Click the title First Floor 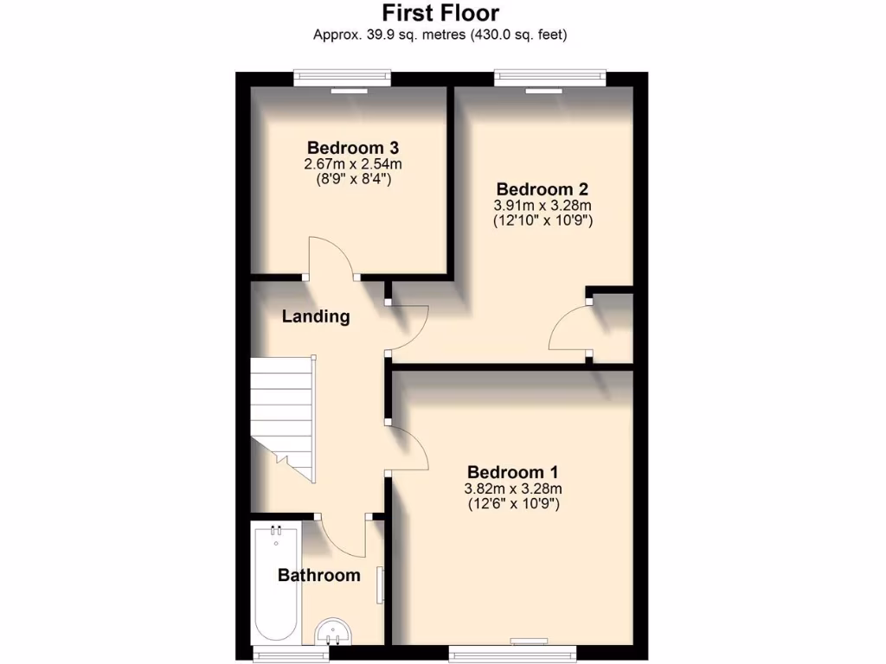pos(440,14)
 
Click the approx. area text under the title pos(440,35)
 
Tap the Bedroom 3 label pos(352,147)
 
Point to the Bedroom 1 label pos(513,472)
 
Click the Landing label pos(316,316)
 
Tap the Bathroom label pos(318,576)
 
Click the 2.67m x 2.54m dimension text pos(352,164)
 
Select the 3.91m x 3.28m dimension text pos(543,206)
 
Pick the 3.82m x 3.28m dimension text pos(513,488)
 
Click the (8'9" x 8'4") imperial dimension pos(352,180)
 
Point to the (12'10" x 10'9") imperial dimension pos(543,221)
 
